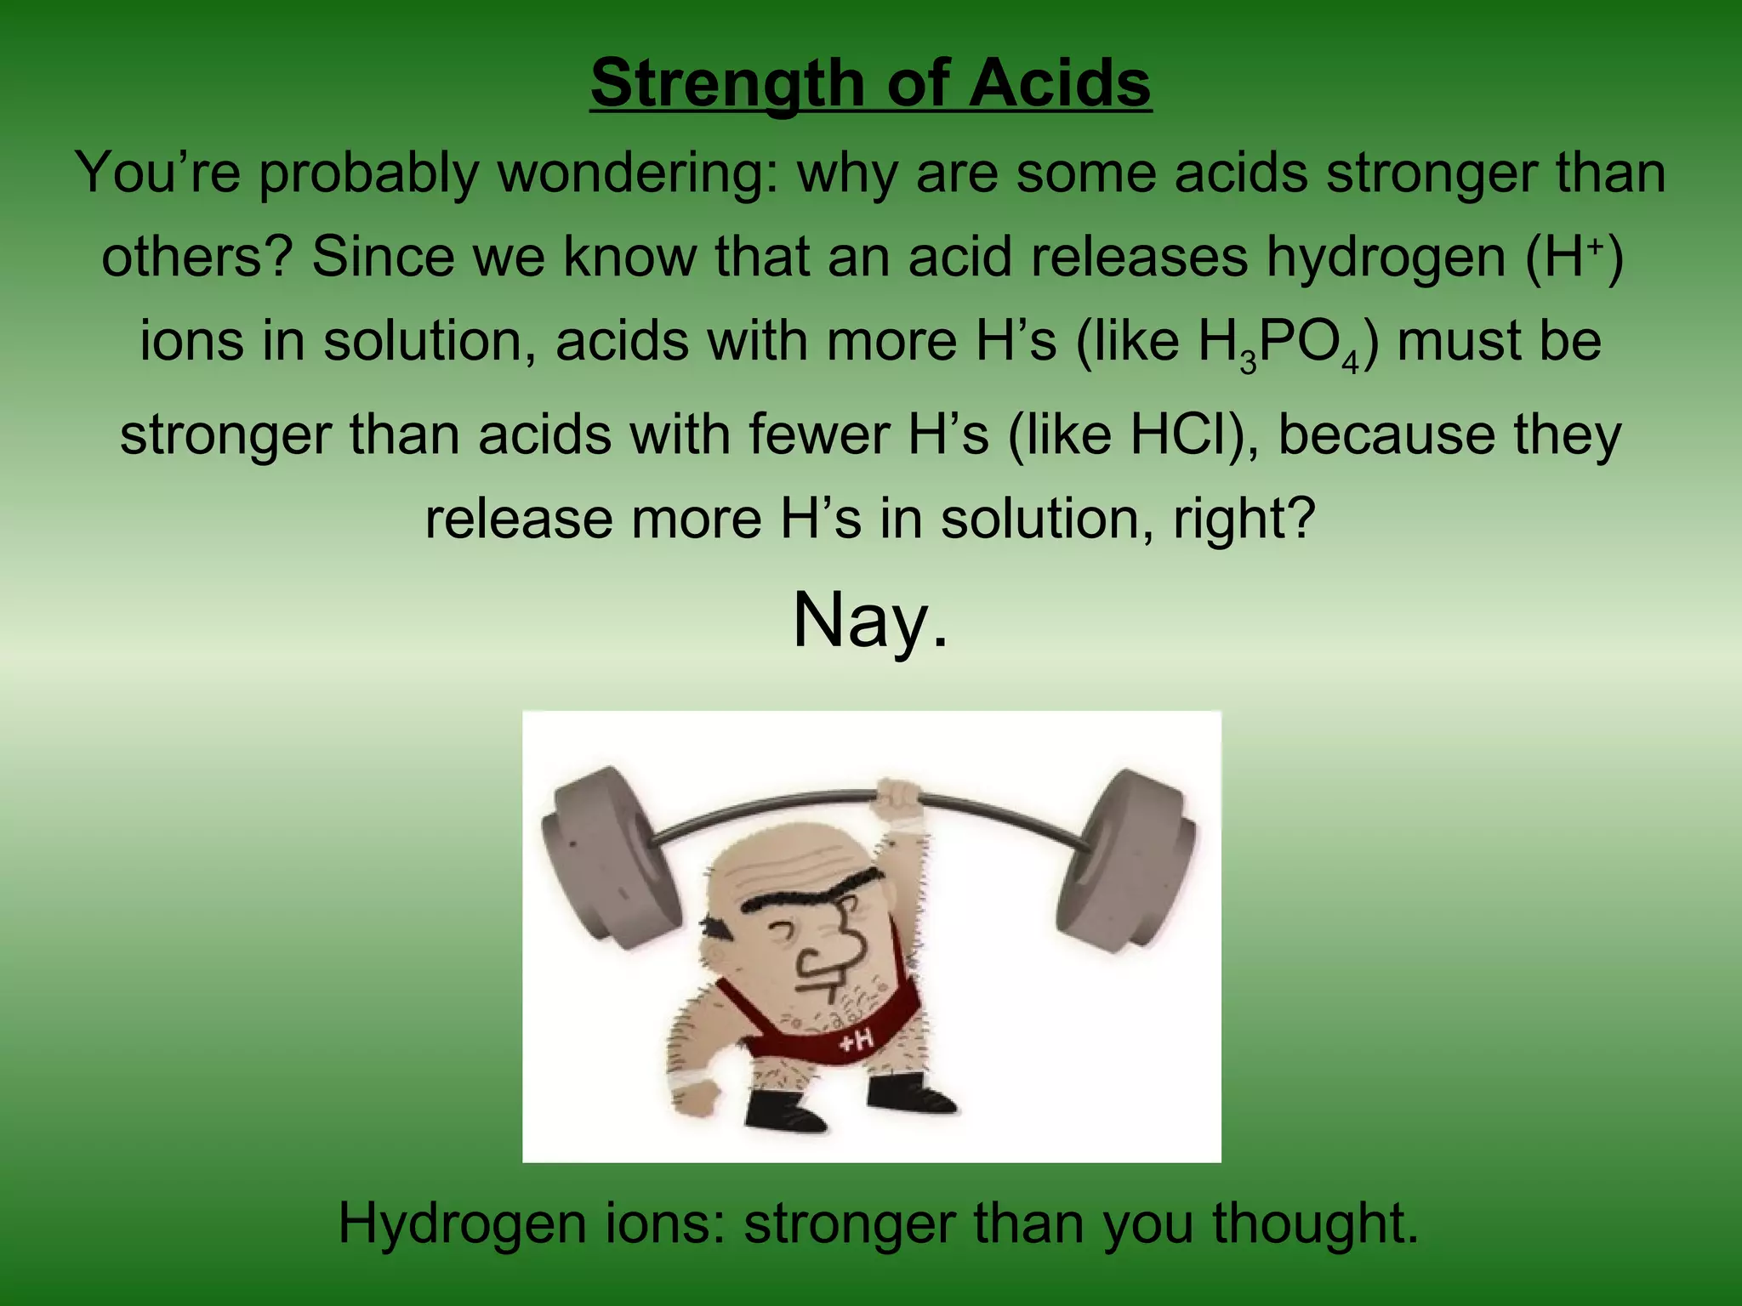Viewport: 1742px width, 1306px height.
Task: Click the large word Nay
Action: click(869, 621)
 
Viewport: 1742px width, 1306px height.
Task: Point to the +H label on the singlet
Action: click(856, 1041)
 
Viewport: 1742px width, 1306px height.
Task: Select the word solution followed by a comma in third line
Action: click(430, 344)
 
